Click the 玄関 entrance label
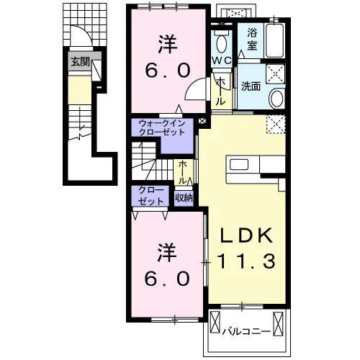(x=81, y=62)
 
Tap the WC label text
(x=222, y=60)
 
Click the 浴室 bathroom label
(x=252, y=39)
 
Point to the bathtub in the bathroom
(x=275, y=40)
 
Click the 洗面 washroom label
(x=251, y=86)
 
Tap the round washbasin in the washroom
(x=277, y=99)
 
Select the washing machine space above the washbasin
(x=276, y=73)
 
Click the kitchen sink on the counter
(x=239, y=165)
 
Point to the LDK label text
(x=246, y=235)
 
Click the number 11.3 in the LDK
(x=246, y=261)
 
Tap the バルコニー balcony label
(x=246, y=332)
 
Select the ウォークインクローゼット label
(x=162, y=128)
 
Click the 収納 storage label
(x=184, y=198)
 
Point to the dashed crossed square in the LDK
(x=276, y=124)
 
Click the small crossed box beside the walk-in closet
(x=202, y=120)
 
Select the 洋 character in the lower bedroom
(x=167, y=253)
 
